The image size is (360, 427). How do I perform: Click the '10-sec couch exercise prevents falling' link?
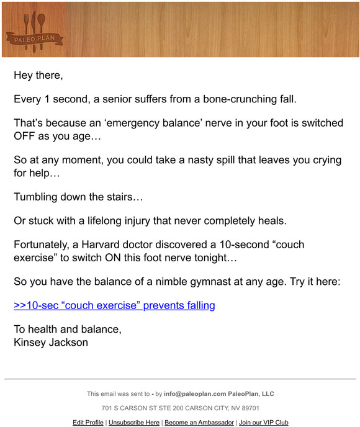click(x=114, y=305)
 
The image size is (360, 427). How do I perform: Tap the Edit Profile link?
click(x=88, y=422)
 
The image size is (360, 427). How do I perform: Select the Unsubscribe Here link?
click(x=134, y=422)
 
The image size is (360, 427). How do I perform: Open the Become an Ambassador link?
click(x=199, y=422)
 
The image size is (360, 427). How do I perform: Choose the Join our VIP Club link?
click(x=264, y=422)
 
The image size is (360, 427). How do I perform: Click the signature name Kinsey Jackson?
click(x=51, y=342)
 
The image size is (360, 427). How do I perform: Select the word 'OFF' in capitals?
click(x=28, y=135)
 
